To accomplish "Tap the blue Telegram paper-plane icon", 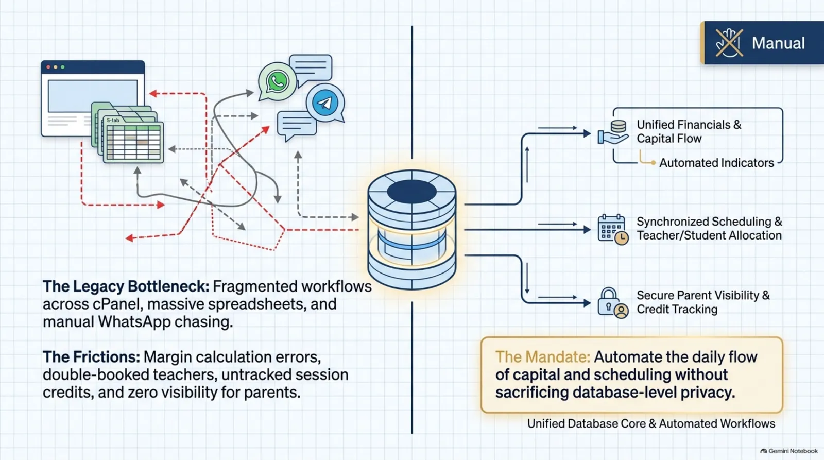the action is [325, 103].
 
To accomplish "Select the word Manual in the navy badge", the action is [778, 43].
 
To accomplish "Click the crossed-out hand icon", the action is [729, 43].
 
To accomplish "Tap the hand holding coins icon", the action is [613, 132].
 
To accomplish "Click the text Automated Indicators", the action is [716, 163].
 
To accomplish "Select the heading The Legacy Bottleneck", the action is [126, 286].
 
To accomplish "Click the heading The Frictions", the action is [91, 357].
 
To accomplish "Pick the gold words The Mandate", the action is [543, 357].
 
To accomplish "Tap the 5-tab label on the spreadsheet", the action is [113, 121].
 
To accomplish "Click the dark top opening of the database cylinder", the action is [411, 192].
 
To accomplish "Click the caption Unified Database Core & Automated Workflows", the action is [651, 423].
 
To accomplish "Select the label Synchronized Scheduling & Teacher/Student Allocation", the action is [709, 229].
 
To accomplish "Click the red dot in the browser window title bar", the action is [48, 67].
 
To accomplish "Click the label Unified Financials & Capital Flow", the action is [689, 131].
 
